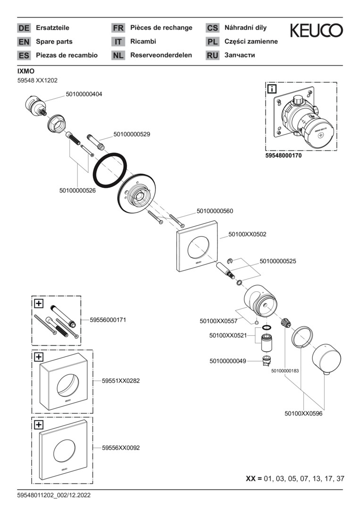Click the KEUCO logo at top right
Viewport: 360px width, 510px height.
pyautogui.click(x=316, y=31)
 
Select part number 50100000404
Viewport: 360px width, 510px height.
pyautogui.click(x=84, y=94)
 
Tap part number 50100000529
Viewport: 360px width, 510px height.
pyautogui.click(x=132, y=135)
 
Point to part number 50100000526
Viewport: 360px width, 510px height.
pyautogui.click(x=77, y=191)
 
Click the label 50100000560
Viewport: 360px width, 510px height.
pyautogui.click(x=215, y=211)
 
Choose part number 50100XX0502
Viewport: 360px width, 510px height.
pyautogui.click(x=247, y=234)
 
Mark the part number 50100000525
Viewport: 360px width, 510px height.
pyautogui.click(x=278, y=261)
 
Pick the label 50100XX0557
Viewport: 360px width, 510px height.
pyautogui.click(x=218, y=321)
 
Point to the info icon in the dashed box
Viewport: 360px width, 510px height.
pyautogui.click(x=273, y=89)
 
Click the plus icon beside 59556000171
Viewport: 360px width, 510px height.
pyautogui.click(x=39, y=303)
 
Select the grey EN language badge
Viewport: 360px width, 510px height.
pyautogui.click(x=24, y=42)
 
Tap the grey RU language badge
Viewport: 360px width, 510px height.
pyautogui.click(x=212, y=55)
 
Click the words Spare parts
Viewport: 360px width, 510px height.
pyautogui.click(x=54, y=42)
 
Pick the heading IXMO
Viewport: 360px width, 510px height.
pyautogui.click(x=25, y=71)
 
